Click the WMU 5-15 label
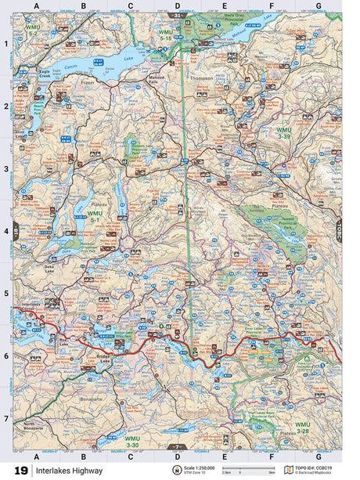pos(166,34)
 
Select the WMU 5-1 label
pos(95,216)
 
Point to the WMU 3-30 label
pos(132,442)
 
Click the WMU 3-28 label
pos(302,428)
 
